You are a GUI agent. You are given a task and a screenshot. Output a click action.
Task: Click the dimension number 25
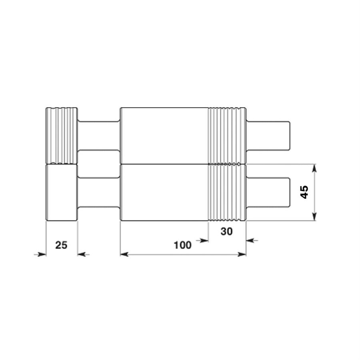coord(61,245)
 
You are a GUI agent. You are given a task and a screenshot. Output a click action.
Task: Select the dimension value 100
coord(182,245)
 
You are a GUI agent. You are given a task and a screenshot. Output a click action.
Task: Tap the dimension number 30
coord(227,232)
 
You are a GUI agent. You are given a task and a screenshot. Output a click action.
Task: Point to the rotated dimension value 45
coord(304,192)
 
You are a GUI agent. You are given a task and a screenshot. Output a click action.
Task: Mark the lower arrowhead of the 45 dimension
coord(314,216)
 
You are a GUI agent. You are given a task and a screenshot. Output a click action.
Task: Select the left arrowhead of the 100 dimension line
coord(124,254)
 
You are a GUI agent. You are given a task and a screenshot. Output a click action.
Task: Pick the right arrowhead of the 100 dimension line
coord(242,254)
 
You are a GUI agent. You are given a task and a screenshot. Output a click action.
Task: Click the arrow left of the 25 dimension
coord(40,254)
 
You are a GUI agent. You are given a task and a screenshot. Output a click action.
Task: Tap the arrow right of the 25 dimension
coord(83,254)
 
